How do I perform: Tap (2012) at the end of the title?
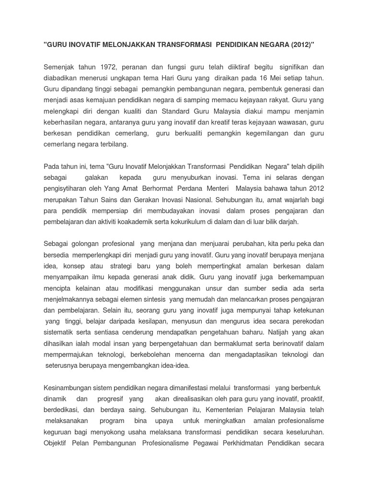click(x=302, y=45)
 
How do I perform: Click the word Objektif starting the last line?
click(x=57, y=443)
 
